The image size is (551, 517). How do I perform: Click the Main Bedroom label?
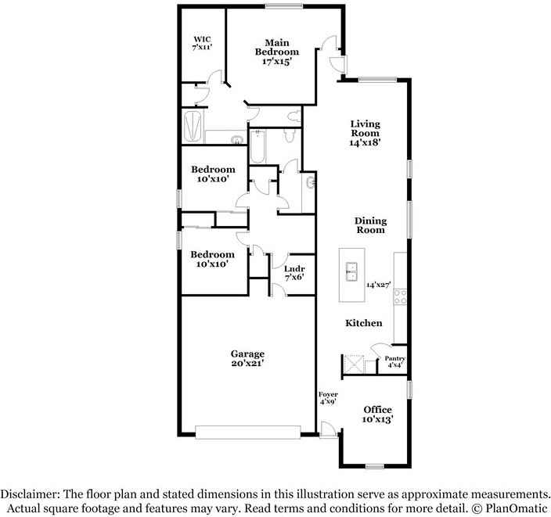coord(277,52)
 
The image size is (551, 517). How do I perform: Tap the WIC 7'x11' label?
coord(202,43)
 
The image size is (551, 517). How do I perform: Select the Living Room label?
coord(365,133)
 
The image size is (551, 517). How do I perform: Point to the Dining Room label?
coord(370,225)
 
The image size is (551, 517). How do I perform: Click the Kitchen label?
coord(364,323)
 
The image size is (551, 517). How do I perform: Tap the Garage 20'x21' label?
coord(248,358)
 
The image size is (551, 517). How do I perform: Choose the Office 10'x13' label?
coord(378,415)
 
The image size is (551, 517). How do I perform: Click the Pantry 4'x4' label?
coord(394,361)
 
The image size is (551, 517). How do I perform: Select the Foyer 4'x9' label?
coord(328,398)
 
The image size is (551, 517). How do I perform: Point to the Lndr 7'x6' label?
coord(294,273)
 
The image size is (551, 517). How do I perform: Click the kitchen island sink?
coord(351,271)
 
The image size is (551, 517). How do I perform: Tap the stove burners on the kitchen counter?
coord(400,296)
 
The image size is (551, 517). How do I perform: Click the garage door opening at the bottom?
coord(248,433)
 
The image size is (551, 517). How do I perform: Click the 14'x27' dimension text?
coord(379,285)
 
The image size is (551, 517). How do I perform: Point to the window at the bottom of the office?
coord(374,466)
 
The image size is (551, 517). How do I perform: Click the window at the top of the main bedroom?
coord(284,6)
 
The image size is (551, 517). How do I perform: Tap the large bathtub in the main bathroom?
coord(193,127)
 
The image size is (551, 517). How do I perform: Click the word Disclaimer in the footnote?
coord(30,494)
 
